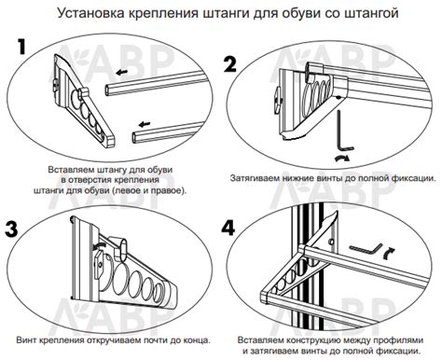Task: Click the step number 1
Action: pyautogui.click(x=21, y=47)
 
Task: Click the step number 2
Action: pyautogui.click(x=230, y=64)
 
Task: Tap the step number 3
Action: pyautogui.click(x=12, y=229)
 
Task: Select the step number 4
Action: pyautogui.click(x=228, y=228)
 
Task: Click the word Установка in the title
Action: pyautogui.click(x=90, y=13)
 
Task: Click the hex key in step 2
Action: pyautogui.click(x=344, y=130)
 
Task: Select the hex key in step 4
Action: pyautogui.click(x=366, y=249)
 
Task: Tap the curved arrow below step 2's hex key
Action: pyautogui.click(x=342, y=159)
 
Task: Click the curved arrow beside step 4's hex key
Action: pyautogui.click(x=389, y=254)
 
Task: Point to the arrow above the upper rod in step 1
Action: pyautogui.click(x=121, y=72)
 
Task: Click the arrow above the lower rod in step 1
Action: pyautogui.click(x=145, y=124)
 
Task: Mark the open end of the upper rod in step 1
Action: pyautogui.click(x=107, y=90)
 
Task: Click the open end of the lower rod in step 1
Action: pyautogui.click(x=134, y=137)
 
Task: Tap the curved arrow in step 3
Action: pyautogui.click(x=100, y=246)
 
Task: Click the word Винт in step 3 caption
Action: pyautogui.click(x=27, y=340)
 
